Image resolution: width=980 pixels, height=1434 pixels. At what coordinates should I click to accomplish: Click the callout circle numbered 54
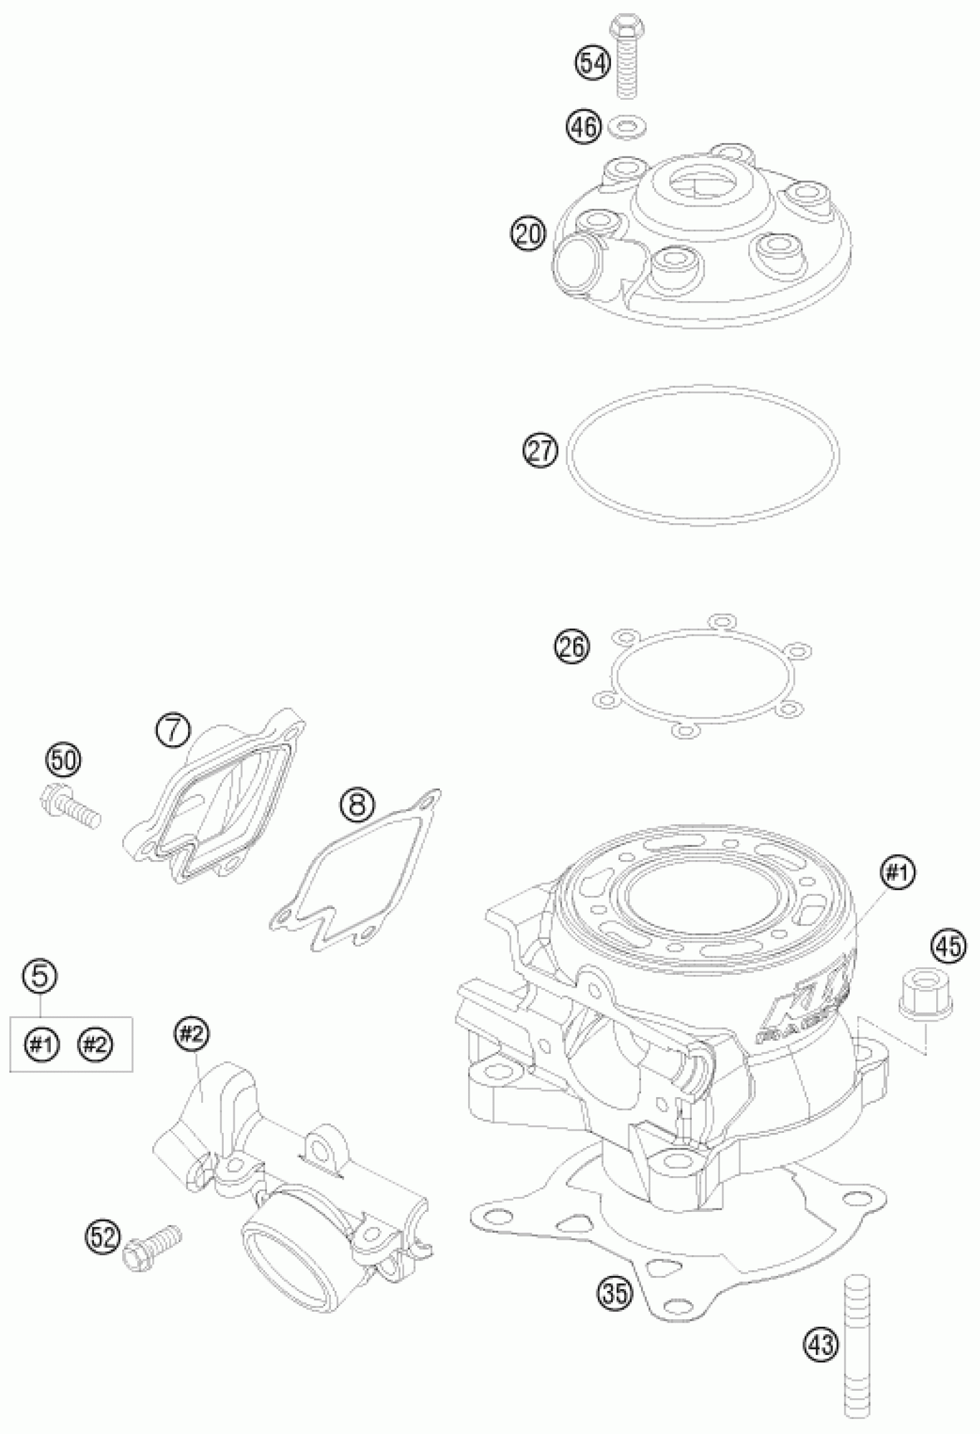click(x=593, y=63)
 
